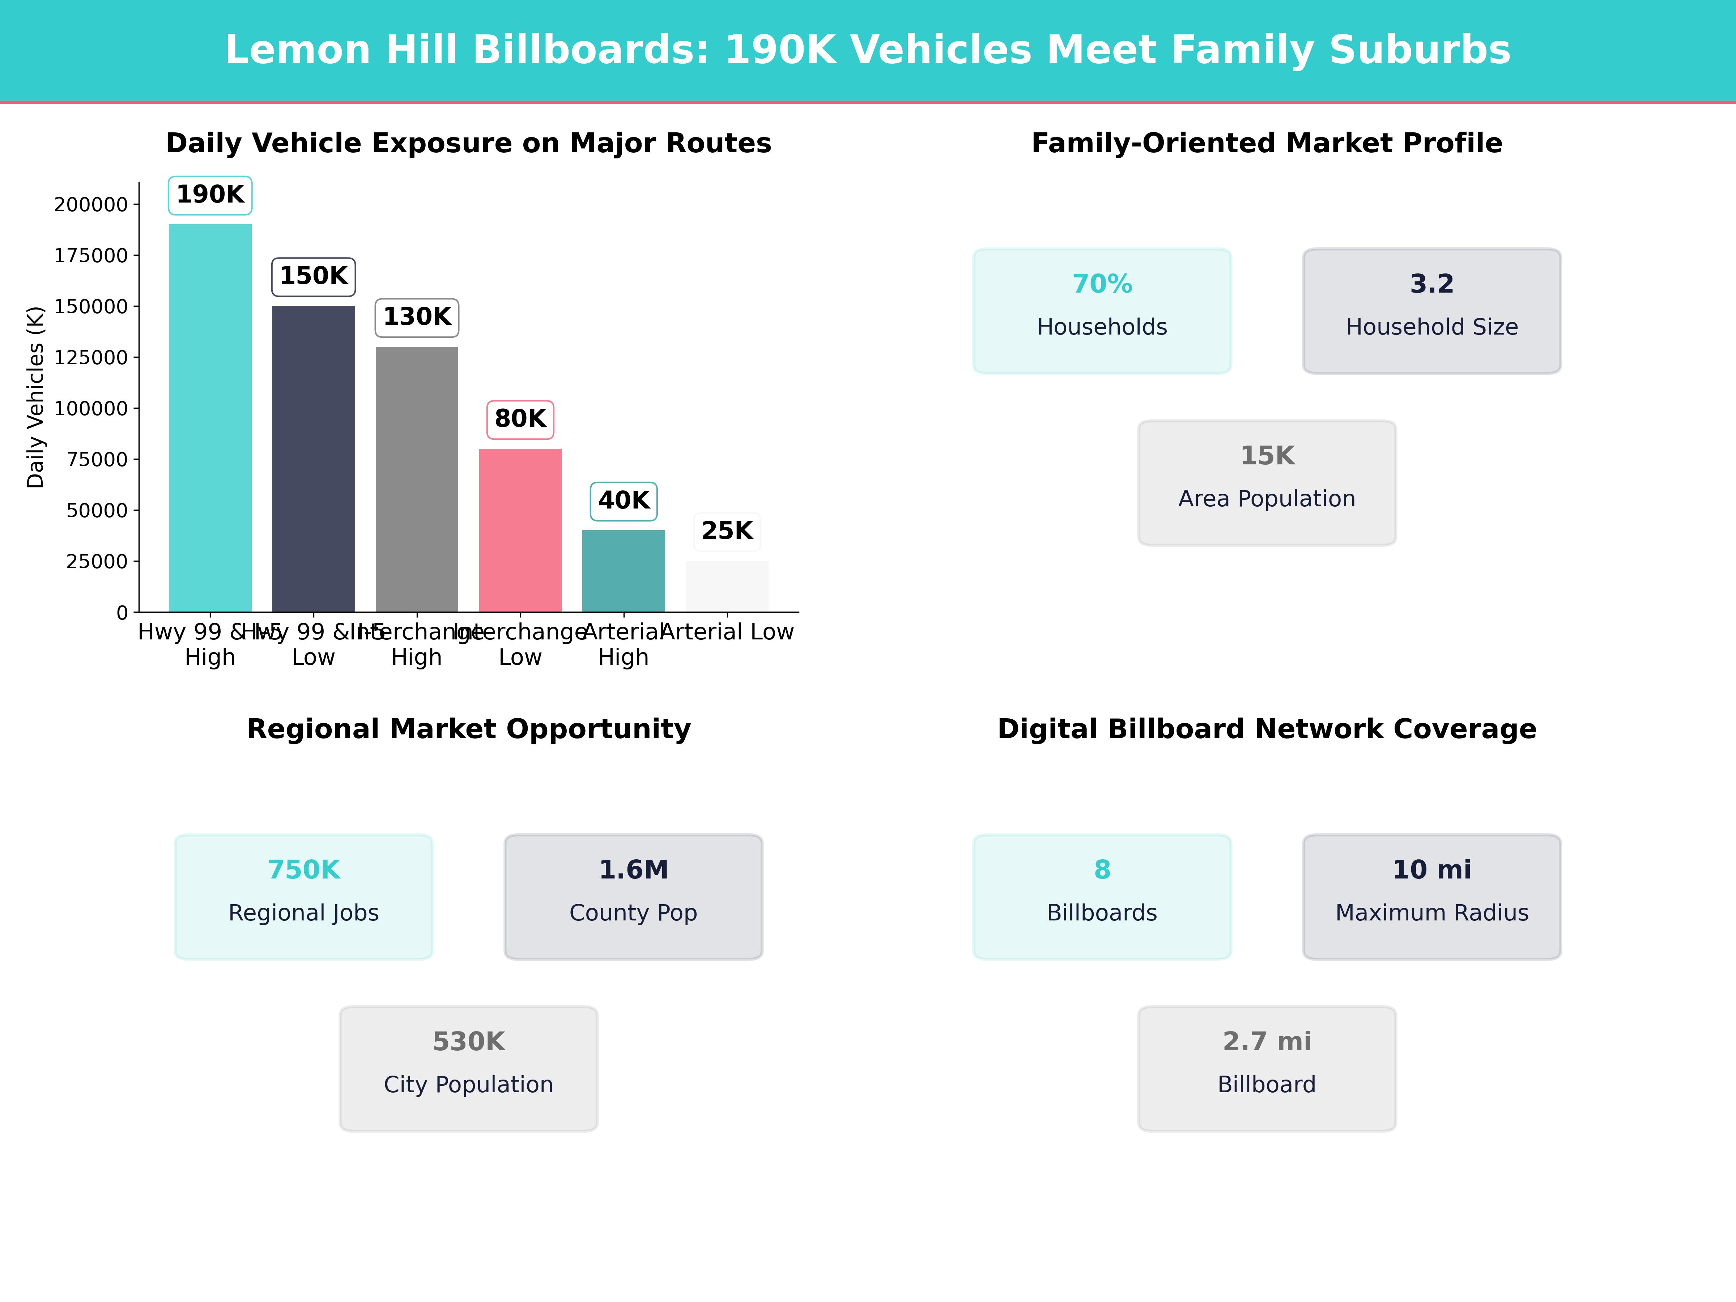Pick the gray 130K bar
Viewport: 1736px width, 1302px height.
click(417, 479)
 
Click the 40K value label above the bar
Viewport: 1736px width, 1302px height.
click(624, 501)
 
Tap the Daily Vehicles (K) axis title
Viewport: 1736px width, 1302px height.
click(35, 397)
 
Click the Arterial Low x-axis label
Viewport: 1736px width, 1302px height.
click(728, 632)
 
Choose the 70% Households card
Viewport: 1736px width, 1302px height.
click(1102, 311)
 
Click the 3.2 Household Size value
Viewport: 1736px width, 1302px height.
click(1431, 284)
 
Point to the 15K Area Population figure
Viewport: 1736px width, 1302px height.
click(1267, 456)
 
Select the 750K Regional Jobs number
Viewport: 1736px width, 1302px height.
click(304, 869)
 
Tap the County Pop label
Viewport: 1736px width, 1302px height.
click(633, 913)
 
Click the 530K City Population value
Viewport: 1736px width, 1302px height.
click(468, 1042)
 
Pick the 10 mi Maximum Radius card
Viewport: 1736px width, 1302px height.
click(1431, 896)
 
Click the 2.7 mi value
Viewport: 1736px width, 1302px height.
click(1267, 1042)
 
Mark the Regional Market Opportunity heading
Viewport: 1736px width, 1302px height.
click(468, 729)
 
